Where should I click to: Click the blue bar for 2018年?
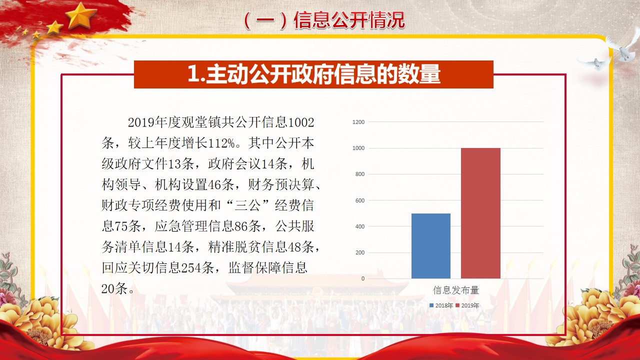tap(431, 246)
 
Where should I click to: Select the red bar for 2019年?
tap(480, 213)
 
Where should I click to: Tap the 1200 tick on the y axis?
tap(358, 122)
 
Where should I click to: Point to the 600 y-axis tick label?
tap(360, 200)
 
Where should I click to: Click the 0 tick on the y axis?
tap(363, 278)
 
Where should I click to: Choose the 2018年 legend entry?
tap(441, 305)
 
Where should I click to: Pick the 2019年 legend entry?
tap(467, 305)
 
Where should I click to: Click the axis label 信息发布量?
tap(455, 290)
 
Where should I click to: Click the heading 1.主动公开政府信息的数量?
tap(313, 74)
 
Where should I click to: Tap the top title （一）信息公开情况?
tap(324, 20)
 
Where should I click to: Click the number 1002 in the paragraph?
tap(301, 122)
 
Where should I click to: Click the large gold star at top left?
tap(80, 15)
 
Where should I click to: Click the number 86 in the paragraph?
tap(241, 226)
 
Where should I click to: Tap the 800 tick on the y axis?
tap(360, 174)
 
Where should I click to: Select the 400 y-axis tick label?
tap(360, 226)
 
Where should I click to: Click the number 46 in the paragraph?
tap(214, 185)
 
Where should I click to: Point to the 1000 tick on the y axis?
tap(358, 148)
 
